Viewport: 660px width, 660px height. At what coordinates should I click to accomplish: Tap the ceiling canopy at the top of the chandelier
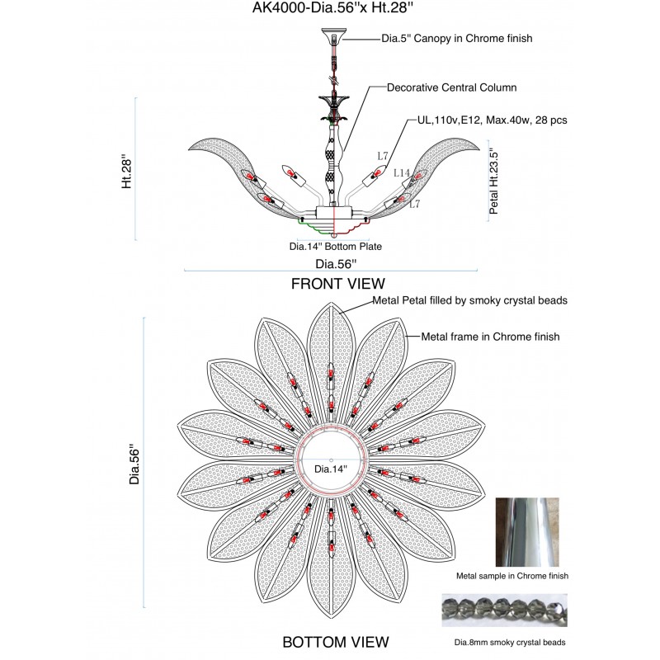(334, 35)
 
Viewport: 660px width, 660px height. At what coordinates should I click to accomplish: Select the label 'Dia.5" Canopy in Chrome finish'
(457, 38)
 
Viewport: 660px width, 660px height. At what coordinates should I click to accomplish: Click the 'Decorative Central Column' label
(451, 87)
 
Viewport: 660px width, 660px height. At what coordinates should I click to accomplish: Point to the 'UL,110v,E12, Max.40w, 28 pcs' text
(492, 120)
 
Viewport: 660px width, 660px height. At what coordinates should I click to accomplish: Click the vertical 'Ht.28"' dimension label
(127, 173)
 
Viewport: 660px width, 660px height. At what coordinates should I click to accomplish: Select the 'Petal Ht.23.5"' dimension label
(493, 183)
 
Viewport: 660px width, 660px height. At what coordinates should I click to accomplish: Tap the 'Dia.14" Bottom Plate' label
(336, 246)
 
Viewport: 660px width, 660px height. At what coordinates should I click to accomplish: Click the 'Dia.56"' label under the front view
(336, 264)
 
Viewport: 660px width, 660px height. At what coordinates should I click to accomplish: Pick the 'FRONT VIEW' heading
(338, 284)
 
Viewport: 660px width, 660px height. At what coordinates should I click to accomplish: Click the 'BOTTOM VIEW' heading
(336, 642)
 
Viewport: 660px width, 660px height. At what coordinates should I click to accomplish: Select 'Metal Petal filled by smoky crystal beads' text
(469, 300)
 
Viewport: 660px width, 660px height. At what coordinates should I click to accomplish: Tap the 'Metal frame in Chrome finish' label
(490, 337)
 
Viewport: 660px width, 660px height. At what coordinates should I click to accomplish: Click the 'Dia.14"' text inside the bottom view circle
(331, 469)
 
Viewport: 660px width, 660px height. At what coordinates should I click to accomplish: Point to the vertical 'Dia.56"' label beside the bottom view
(134, 464)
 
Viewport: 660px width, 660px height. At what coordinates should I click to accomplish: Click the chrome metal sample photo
(527, 532)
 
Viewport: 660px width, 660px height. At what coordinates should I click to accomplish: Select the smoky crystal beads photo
(504, 610)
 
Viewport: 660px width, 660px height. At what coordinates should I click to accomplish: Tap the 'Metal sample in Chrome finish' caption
(512, 576)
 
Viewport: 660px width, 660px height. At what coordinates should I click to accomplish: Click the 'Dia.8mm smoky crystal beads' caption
(510, 643)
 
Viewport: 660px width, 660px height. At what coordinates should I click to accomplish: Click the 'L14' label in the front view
(402, 173)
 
